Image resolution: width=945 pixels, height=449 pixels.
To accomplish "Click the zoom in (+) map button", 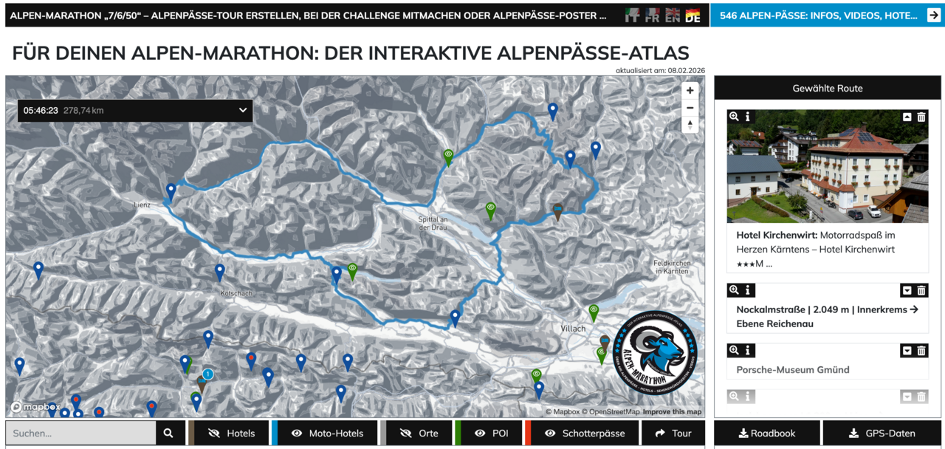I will click(x=690, y=90).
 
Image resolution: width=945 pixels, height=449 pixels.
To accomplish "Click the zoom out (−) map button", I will click(x=690, y=108).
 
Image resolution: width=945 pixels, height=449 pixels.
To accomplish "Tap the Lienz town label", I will click(x=142, y=205).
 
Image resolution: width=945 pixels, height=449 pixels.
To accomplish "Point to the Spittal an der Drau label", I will click(x=433, y=223).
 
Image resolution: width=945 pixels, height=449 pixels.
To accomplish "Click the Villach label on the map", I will click(x=573, y=329).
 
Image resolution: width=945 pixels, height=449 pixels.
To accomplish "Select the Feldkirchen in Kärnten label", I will click(x=672, y=267).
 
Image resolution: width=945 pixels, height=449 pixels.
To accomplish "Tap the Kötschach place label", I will click(x=236, y=293).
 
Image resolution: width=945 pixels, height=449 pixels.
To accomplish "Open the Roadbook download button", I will click(x=766, y=433).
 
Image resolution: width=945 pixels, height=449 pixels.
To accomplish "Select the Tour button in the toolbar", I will click(x=673, y=433).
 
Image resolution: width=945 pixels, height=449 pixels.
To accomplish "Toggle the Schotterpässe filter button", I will click(x=583, y=433).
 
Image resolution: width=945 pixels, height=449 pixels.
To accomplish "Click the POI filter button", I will click(x=491, y=433).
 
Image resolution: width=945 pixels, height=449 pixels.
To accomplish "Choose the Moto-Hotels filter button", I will click(x=325, y=433).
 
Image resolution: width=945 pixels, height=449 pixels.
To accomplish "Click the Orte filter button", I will click(x=418, y=433).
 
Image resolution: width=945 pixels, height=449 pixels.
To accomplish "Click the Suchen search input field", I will click(x=81, y=433).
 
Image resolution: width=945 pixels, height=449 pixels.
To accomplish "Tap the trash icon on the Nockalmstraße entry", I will click(x=921, y=290).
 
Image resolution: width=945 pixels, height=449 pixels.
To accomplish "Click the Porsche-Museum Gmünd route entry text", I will click(x=793, y=369).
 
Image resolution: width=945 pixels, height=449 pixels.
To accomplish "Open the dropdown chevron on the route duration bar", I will click(x=243, y=111).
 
